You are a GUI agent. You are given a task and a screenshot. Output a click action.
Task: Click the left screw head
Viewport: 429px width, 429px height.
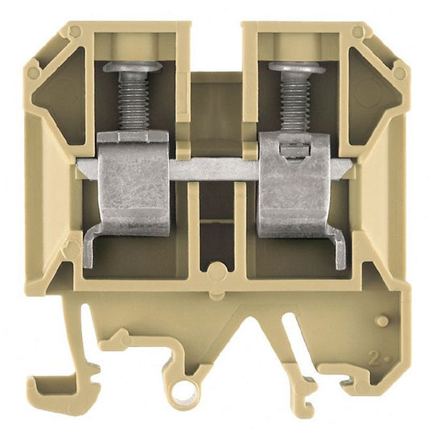click(x=132, y=67)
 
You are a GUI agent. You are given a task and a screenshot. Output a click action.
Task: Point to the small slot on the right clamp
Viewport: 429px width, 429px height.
click(x=293, y=147)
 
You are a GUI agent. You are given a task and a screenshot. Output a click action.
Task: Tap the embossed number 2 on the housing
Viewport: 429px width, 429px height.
click(x=373, y=355)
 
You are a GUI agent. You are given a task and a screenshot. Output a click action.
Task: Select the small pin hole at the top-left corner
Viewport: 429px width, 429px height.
click(x=75, y=32)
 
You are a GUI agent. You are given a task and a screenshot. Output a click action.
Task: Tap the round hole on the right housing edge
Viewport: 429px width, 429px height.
click(x=397, y=73)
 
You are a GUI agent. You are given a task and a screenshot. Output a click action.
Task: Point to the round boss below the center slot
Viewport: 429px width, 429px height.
click(x=214, y=270)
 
